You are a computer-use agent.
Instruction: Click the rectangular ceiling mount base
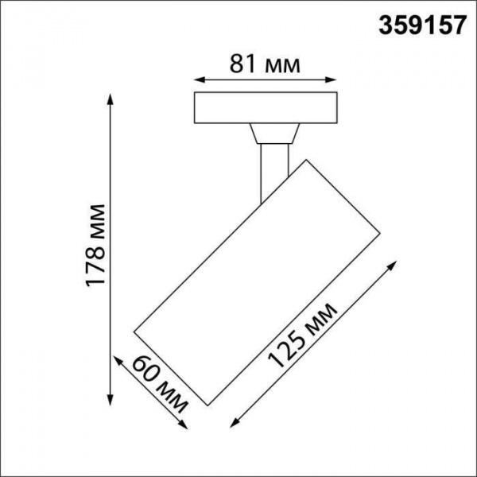[266, 108]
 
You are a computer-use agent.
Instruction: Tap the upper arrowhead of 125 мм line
[391, 263]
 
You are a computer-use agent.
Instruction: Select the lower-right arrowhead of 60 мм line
[188, 427]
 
